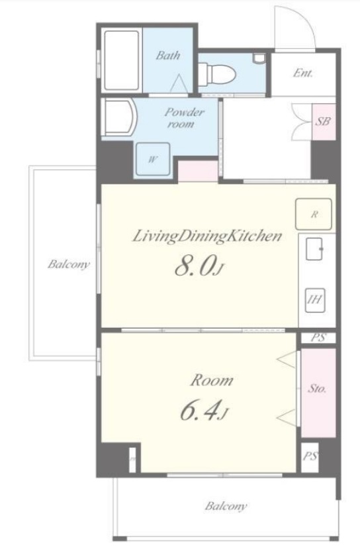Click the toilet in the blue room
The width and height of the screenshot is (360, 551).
click(x=216, y=73)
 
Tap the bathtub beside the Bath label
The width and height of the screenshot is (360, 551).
click(x=122, y=61)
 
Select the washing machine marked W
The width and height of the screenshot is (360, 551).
click(x=153, y=159)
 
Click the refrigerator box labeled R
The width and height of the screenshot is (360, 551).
click(x=313, y=214)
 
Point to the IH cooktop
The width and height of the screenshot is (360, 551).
click(x=314, y=300)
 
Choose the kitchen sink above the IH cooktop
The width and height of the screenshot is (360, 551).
click(x=314, y=249)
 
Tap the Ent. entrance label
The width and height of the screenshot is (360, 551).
click(x=302, y=73)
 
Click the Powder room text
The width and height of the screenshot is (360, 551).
click(x=183, y=118)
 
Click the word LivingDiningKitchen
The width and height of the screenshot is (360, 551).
click(x=207, y=236)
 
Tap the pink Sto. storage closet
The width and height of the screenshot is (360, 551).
click(x=318, y=393)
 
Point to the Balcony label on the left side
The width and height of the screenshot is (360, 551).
click(x=68, y=264)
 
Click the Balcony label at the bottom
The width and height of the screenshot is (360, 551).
click(x=226, y=506)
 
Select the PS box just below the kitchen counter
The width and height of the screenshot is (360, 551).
click(x=318, y=338)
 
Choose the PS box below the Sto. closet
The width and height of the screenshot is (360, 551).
click(x=310, y=457)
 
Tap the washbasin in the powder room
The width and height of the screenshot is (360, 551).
click(x=118, y=117)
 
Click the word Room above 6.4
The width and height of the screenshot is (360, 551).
click(x=212, y=381)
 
